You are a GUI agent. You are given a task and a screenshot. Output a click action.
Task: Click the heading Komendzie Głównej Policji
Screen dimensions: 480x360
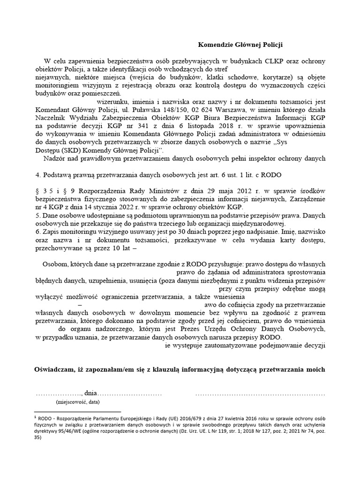coord(241,45)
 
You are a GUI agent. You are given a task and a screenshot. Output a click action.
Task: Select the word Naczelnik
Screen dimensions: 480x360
coord(52,119)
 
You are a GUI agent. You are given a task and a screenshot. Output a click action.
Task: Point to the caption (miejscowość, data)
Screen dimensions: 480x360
coord(77,402)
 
